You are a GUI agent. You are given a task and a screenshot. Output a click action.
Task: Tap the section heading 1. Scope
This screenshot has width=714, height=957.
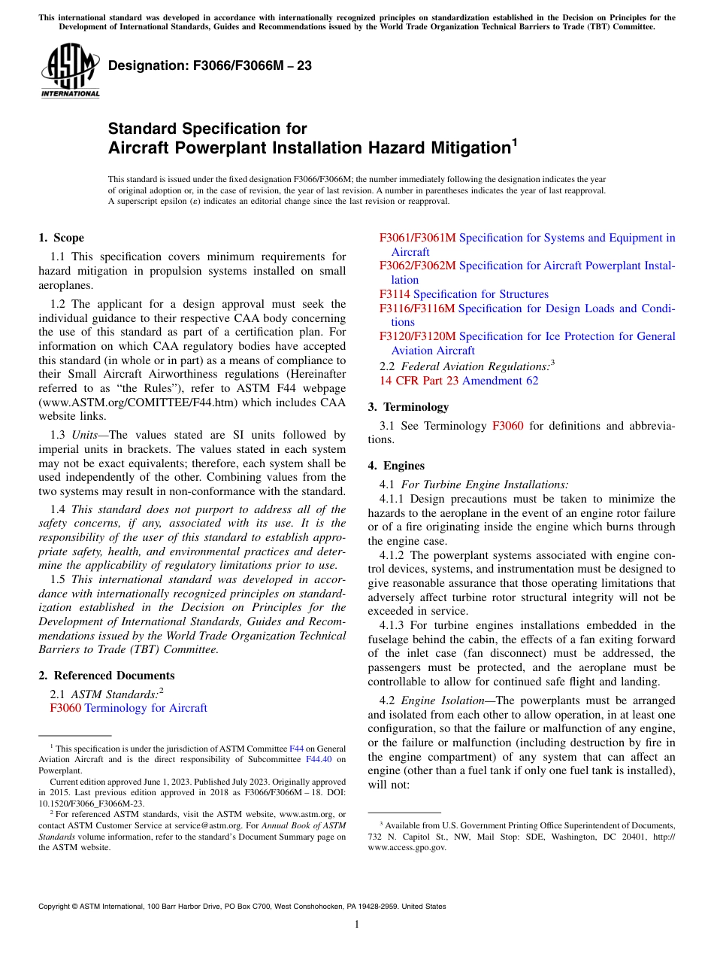(x=61, y=238)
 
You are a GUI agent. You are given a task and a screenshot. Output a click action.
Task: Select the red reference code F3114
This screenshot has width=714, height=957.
(x=395, y=294)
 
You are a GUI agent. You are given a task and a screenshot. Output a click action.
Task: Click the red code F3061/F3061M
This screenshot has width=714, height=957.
(x=417, y=238)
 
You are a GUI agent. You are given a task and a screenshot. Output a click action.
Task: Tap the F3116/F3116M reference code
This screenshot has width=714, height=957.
(x=417, y=308)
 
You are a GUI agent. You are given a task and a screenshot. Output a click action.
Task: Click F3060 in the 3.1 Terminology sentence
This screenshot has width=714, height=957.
(x=507, y=426)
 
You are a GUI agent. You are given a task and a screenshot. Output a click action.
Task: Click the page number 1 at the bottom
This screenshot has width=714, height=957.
(x=357, y=925)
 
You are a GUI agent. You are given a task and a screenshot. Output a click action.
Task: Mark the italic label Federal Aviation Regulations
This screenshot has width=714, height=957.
(x=474, y=366)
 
